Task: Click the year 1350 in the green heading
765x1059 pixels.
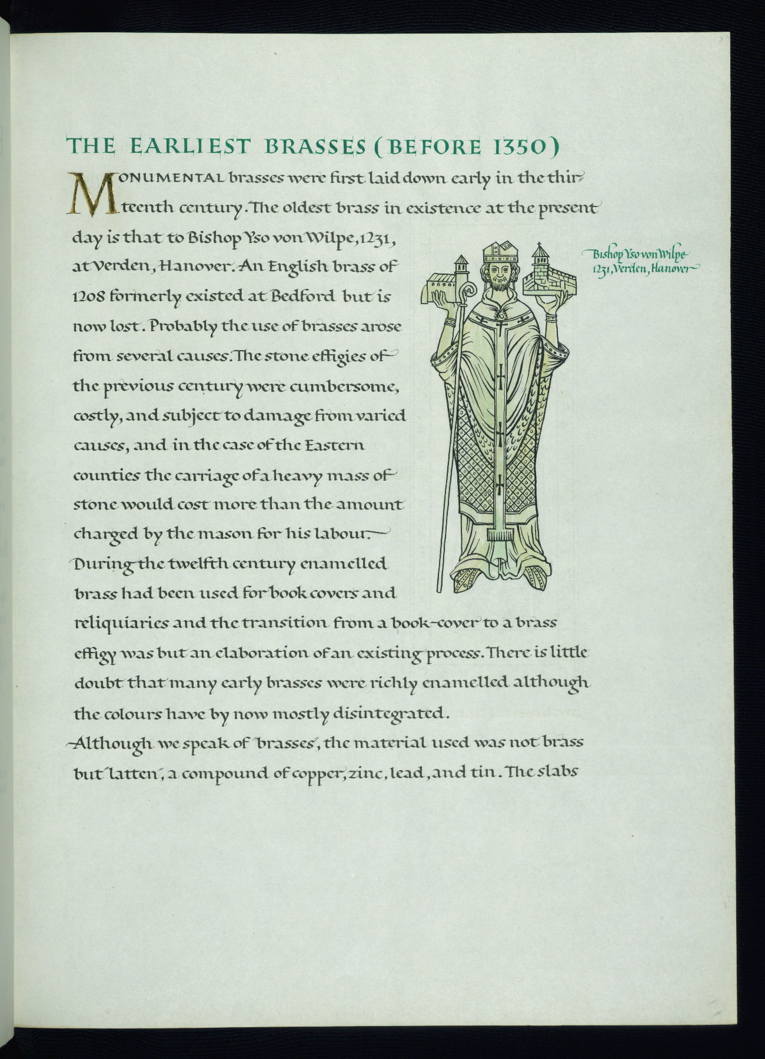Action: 514,147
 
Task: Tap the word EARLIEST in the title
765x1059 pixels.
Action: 191,146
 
